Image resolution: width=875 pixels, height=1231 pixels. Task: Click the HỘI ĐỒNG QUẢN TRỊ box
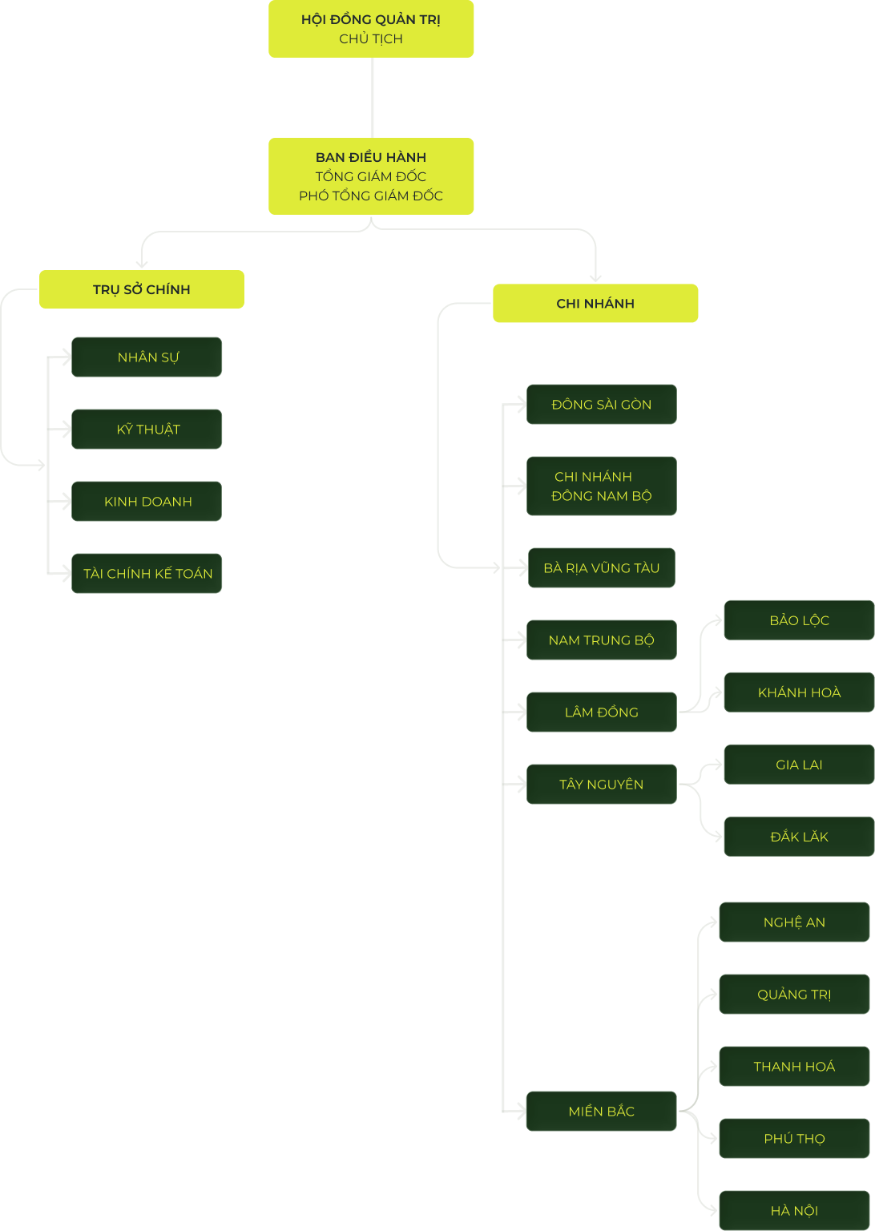[x=371, y=29]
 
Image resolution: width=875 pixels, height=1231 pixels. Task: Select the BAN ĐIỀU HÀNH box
[x=371, y=176]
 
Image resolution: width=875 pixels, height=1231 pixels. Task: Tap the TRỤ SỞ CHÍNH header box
[x=142, y=289]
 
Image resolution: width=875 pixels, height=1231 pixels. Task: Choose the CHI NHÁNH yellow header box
[x=595, y=304]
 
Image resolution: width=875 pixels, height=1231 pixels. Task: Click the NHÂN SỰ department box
[x=147, y=357]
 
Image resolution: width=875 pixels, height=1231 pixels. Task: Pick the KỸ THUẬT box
[x=147, y=430]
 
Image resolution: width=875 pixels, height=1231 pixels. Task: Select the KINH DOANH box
[x=147, y=501]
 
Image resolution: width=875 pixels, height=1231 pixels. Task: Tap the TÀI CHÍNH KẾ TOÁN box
[x=147, y=573]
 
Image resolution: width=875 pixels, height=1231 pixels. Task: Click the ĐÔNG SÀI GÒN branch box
[x=601, y=405]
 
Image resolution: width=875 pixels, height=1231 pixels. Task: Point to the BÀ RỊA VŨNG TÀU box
[x=601, y=567]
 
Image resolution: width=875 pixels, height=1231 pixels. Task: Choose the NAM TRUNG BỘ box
[x=601, y=640]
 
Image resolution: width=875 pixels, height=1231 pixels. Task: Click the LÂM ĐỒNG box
[x=601, y=712]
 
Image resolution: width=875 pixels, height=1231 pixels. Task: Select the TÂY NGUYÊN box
[x=601, y=785]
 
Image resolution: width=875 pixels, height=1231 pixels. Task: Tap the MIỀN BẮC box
[x=601, y=1112]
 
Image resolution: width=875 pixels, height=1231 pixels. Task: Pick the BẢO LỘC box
[x=799, y=620]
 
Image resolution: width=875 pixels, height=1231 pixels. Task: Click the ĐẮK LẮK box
[x=799, y=837]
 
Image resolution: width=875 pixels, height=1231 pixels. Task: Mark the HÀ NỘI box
[x=794, y=1210]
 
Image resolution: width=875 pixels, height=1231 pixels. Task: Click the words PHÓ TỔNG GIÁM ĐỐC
[x=371, y=196]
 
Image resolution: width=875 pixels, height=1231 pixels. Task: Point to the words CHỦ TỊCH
[x=371, y=39]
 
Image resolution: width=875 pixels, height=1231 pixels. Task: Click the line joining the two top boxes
[x=372, y=98]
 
